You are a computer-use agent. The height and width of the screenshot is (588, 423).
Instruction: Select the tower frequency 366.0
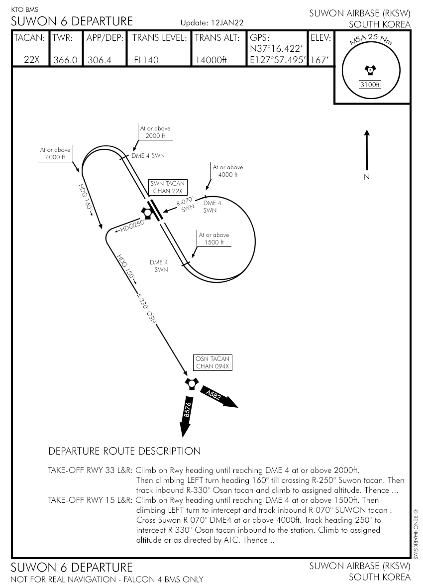(65, 60)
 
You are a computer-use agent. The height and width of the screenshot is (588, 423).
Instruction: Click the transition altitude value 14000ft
(211, 60)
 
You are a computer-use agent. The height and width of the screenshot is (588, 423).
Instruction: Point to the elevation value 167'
(318, 60)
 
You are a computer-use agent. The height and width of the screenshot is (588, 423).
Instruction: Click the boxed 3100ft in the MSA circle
(370, 85)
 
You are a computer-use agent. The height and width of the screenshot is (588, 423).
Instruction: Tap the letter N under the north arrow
(367, 177)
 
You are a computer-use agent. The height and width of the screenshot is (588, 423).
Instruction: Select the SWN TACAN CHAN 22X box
(167, 187)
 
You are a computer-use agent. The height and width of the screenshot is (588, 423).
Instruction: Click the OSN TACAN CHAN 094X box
(213, 363)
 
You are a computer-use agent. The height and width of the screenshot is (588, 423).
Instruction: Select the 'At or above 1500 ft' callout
(213, 238)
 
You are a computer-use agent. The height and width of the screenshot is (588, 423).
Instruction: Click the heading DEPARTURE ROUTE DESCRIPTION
(124, 452)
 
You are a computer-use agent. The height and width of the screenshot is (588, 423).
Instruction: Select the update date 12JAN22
(226, 23)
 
